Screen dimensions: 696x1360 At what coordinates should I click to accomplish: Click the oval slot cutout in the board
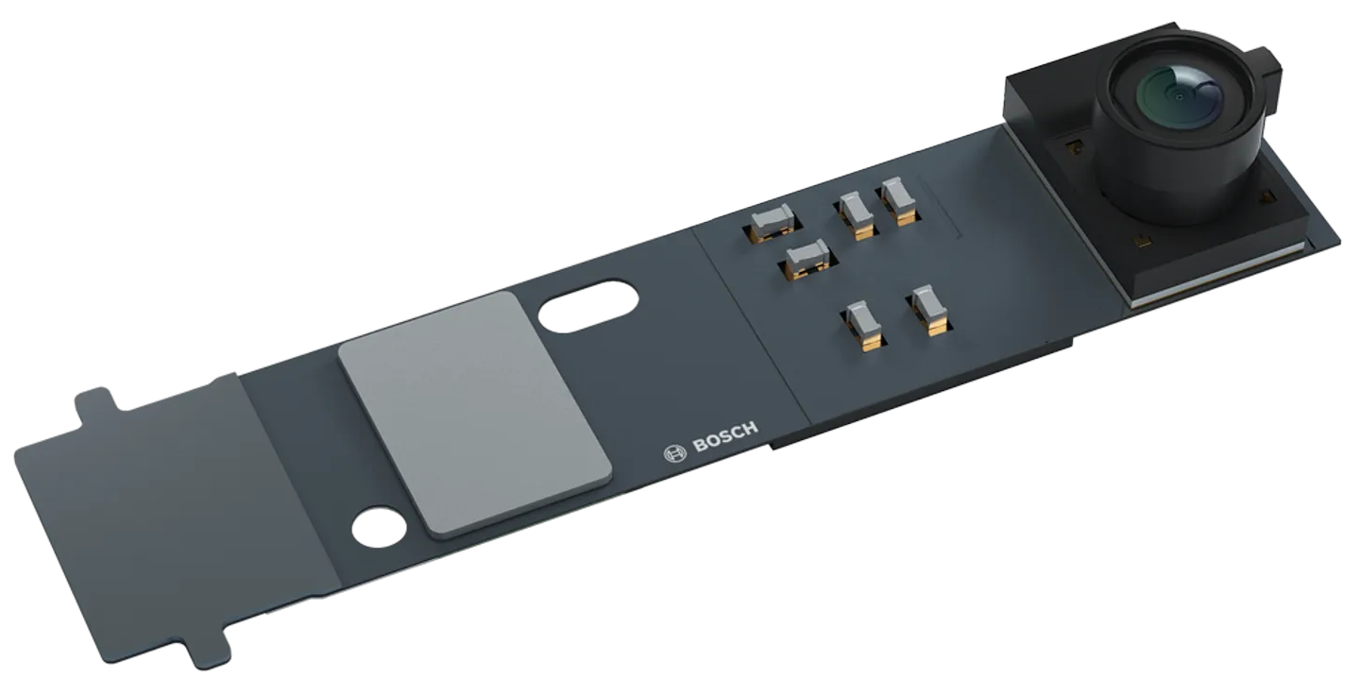585,304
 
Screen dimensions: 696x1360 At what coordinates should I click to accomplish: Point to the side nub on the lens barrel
1268,71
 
